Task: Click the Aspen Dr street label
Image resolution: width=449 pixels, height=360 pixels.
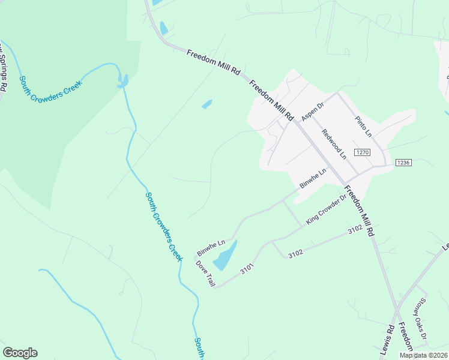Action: click(x=312, y=112)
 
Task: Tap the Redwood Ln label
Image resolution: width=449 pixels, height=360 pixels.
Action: click(x=334, y=144)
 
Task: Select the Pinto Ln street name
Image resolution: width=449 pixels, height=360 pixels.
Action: click(x=363, y=126)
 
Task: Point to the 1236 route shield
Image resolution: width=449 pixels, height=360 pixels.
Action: click(x=403, y=163)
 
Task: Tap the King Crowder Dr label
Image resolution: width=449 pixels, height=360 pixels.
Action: click(x=327, y=209)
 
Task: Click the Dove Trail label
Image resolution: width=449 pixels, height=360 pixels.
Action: click(x=205, y=273)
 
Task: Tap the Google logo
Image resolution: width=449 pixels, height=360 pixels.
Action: click(x=20, y=353)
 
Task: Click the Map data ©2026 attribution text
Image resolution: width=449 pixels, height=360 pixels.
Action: click(x=423, y=355)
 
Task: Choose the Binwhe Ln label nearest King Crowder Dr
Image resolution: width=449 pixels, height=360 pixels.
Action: click(x=313, y=178)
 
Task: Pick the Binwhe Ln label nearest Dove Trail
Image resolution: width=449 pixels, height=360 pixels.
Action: click(x=211, y=246)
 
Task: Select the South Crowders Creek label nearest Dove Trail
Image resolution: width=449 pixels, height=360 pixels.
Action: click(x=163, y=226)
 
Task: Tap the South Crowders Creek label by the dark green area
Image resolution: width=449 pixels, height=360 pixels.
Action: click(x=50, y=88)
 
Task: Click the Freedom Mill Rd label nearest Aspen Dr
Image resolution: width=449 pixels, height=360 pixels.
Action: click(x=271, y=100)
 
